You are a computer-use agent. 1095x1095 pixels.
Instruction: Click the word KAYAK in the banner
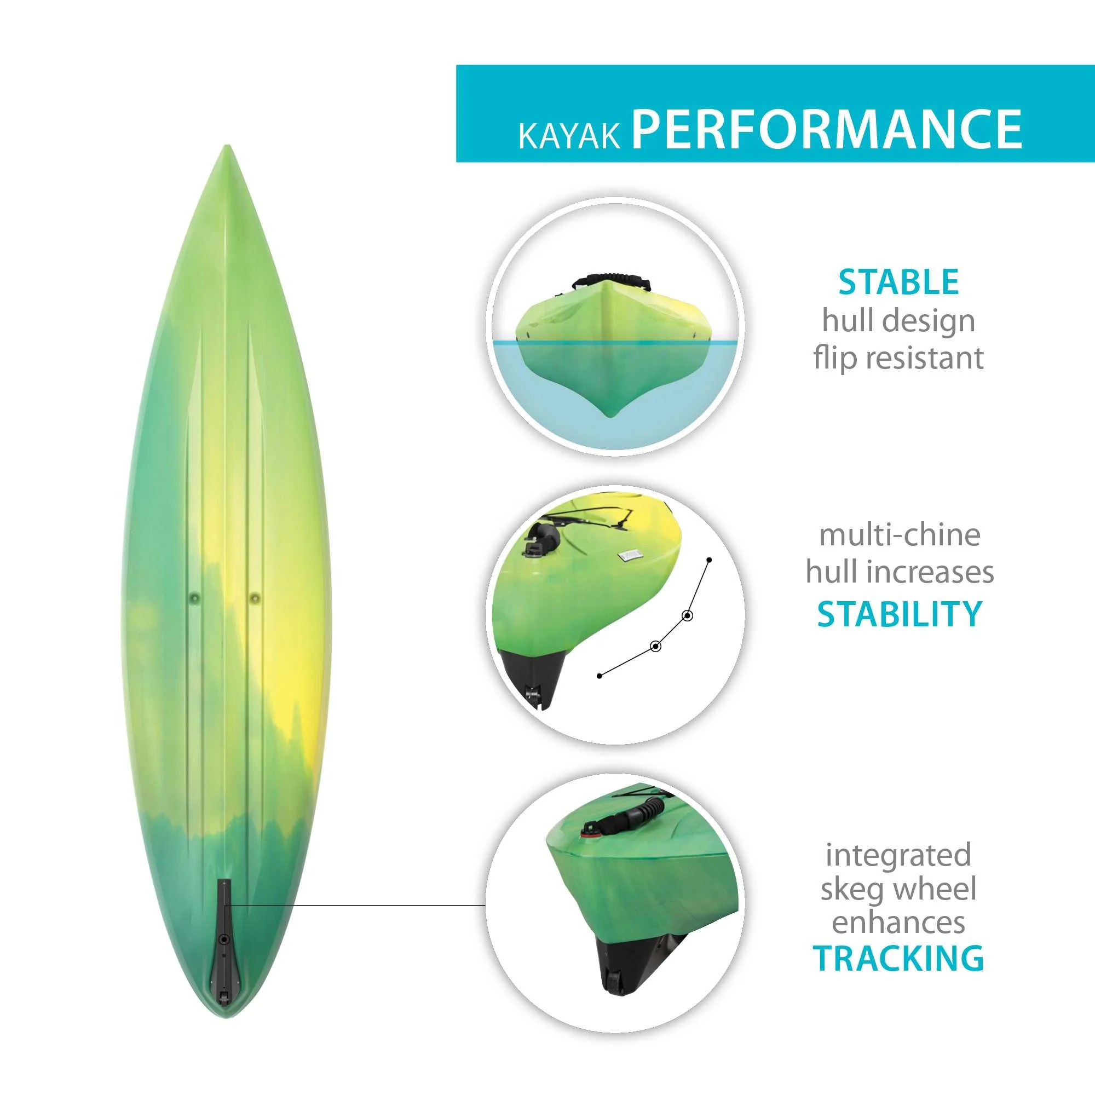tap(569, 136)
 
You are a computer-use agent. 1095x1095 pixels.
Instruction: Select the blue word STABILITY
tap(900, 613)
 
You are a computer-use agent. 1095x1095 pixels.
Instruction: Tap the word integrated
tap(898, 855)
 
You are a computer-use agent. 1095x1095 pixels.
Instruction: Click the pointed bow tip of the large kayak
tap(227, 146)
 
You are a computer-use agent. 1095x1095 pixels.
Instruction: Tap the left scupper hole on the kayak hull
tap(194, 597)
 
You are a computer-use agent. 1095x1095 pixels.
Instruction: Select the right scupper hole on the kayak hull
tap(255, 597)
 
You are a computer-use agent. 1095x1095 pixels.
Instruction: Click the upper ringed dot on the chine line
tap(688, 615)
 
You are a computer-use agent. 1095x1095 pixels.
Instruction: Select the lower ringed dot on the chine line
tap(656, 646)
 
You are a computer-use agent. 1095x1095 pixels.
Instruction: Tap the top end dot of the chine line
tap(709, 560)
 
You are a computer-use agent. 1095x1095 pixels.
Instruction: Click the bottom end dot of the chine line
tap(600, 675)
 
